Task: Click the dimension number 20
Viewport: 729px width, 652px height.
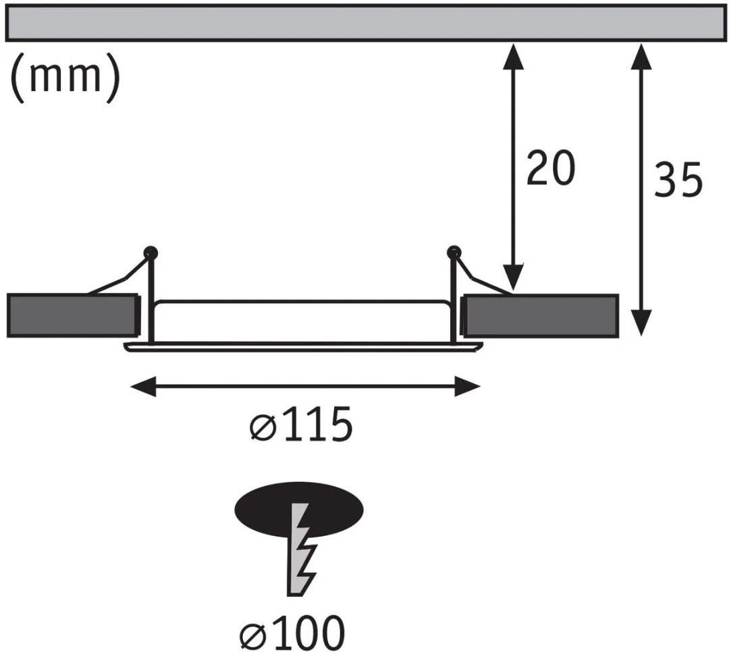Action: pyautogui.click(x=551, y=167)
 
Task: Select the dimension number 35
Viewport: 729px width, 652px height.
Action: pyautogui.click(x=678, y=179)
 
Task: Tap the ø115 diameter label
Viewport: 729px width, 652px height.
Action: pyautogui.click(x=301, y=424)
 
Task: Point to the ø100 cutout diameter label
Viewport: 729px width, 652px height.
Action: pyautogui.click(x=292, y=632)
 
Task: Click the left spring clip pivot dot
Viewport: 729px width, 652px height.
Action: pyautogui.click(x=151, y=253)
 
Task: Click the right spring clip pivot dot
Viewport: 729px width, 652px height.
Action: pyautogui.click(x=454, y=252)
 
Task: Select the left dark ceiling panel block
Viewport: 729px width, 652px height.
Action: pyautogui.click(x=73, y=315)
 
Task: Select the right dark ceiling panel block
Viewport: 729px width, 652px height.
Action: pyautogui.click(x=540, y=315)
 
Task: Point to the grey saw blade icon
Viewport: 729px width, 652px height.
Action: pyautogui.click(x=301, y=549)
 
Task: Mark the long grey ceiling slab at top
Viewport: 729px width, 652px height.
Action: pyautogui.click(x=364, y=23)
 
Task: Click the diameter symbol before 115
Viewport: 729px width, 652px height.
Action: pyautogui.click(x=263, y=428)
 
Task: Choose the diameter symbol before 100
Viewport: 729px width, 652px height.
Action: pyautogui.click(x=253, y=636)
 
